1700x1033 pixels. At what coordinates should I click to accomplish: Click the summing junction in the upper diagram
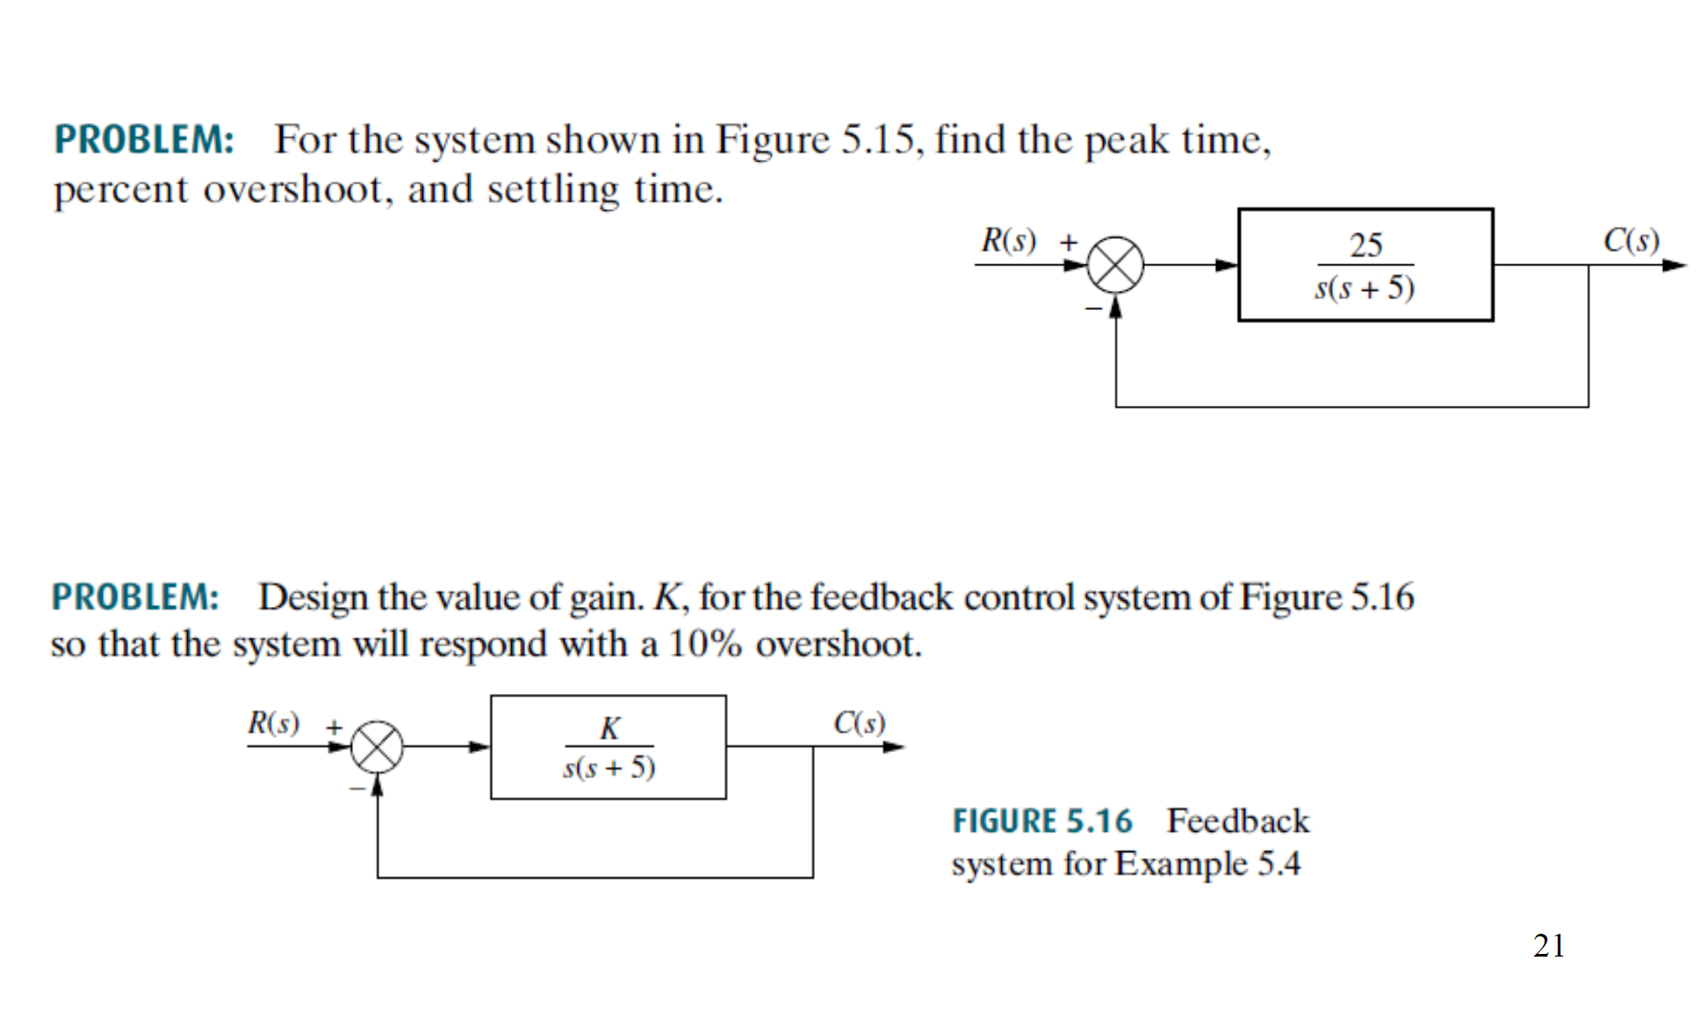pyautogui.click(x=1115, y=264)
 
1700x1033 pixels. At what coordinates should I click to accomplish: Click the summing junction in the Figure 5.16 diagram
pyautogui.click(x=377, y=747)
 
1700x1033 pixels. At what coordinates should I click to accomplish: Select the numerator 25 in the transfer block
pyautogui.click(x=1365, y=244)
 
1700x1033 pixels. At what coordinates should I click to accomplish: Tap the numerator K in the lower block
pyautogui.click(x=609, y=727)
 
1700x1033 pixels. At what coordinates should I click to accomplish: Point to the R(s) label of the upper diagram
pyautogui.click(x=1008, y=240)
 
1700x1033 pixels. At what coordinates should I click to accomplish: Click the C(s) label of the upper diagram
pyautogui.click(x=1631, y=240)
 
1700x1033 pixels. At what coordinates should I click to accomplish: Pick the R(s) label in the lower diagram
pyautogui.click(x=273, y=723)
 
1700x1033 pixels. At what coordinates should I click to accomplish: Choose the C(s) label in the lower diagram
pyautogui.click(x=859, y=723)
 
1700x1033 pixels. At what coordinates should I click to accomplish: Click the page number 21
pyautogui.click(x=1549, y=946)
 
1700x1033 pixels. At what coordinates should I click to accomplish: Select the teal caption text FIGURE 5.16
pyautogui.click(x=1042, y=821)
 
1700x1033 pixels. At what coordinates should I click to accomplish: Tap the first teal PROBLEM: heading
pyautogui.click(x=144, y=140)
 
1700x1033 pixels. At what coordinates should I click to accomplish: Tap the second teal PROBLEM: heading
pyautogui.click(x=135, y=597)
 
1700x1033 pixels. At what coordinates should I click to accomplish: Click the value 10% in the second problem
pyautogui.click(x=705, y=644)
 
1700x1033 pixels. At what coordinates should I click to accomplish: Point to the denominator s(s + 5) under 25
pyautogui.click(x=1365, y=288)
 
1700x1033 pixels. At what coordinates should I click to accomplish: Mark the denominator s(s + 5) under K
pyautogui.click(x=609, y=768)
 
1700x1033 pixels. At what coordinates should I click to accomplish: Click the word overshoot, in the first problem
pyautogui.click(x=298, y=189)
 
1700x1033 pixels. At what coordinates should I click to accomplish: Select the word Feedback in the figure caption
pyautogui.click(x=1238, y=821)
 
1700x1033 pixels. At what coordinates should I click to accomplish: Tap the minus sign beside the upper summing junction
pyautogui.click(x=1093, y=308)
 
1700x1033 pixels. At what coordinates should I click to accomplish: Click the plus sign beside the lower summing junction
pyautogui.click(x=334, y=727)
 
